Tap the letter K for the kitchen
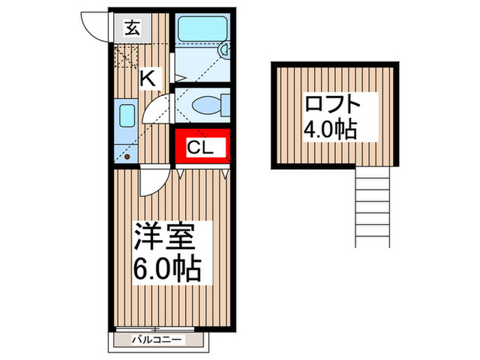tap(147, 78)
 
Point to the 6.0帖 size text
tap(166, 267)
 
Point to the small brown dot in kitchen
tap(126, 155)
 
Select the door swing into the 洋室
tap(151, 182)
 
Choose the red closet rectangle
tap(200, 146)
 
